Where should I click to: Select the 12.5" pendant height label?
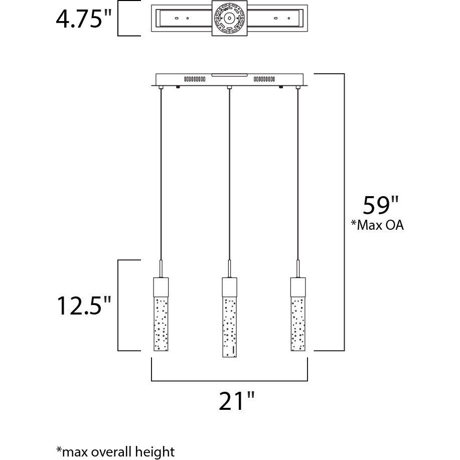pos(83,306)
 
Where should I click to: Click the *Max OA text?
pos(377,225)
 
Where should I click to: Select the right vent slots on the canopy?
pos(264,79)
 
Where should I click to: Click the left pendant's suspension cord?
pos(160,176)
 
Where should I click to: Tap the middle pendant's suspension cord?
pos(229,176)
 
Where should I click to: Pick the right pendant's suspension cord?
pos(298,176)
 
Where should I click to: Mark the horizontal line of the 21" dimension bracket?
pos(229,381)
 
